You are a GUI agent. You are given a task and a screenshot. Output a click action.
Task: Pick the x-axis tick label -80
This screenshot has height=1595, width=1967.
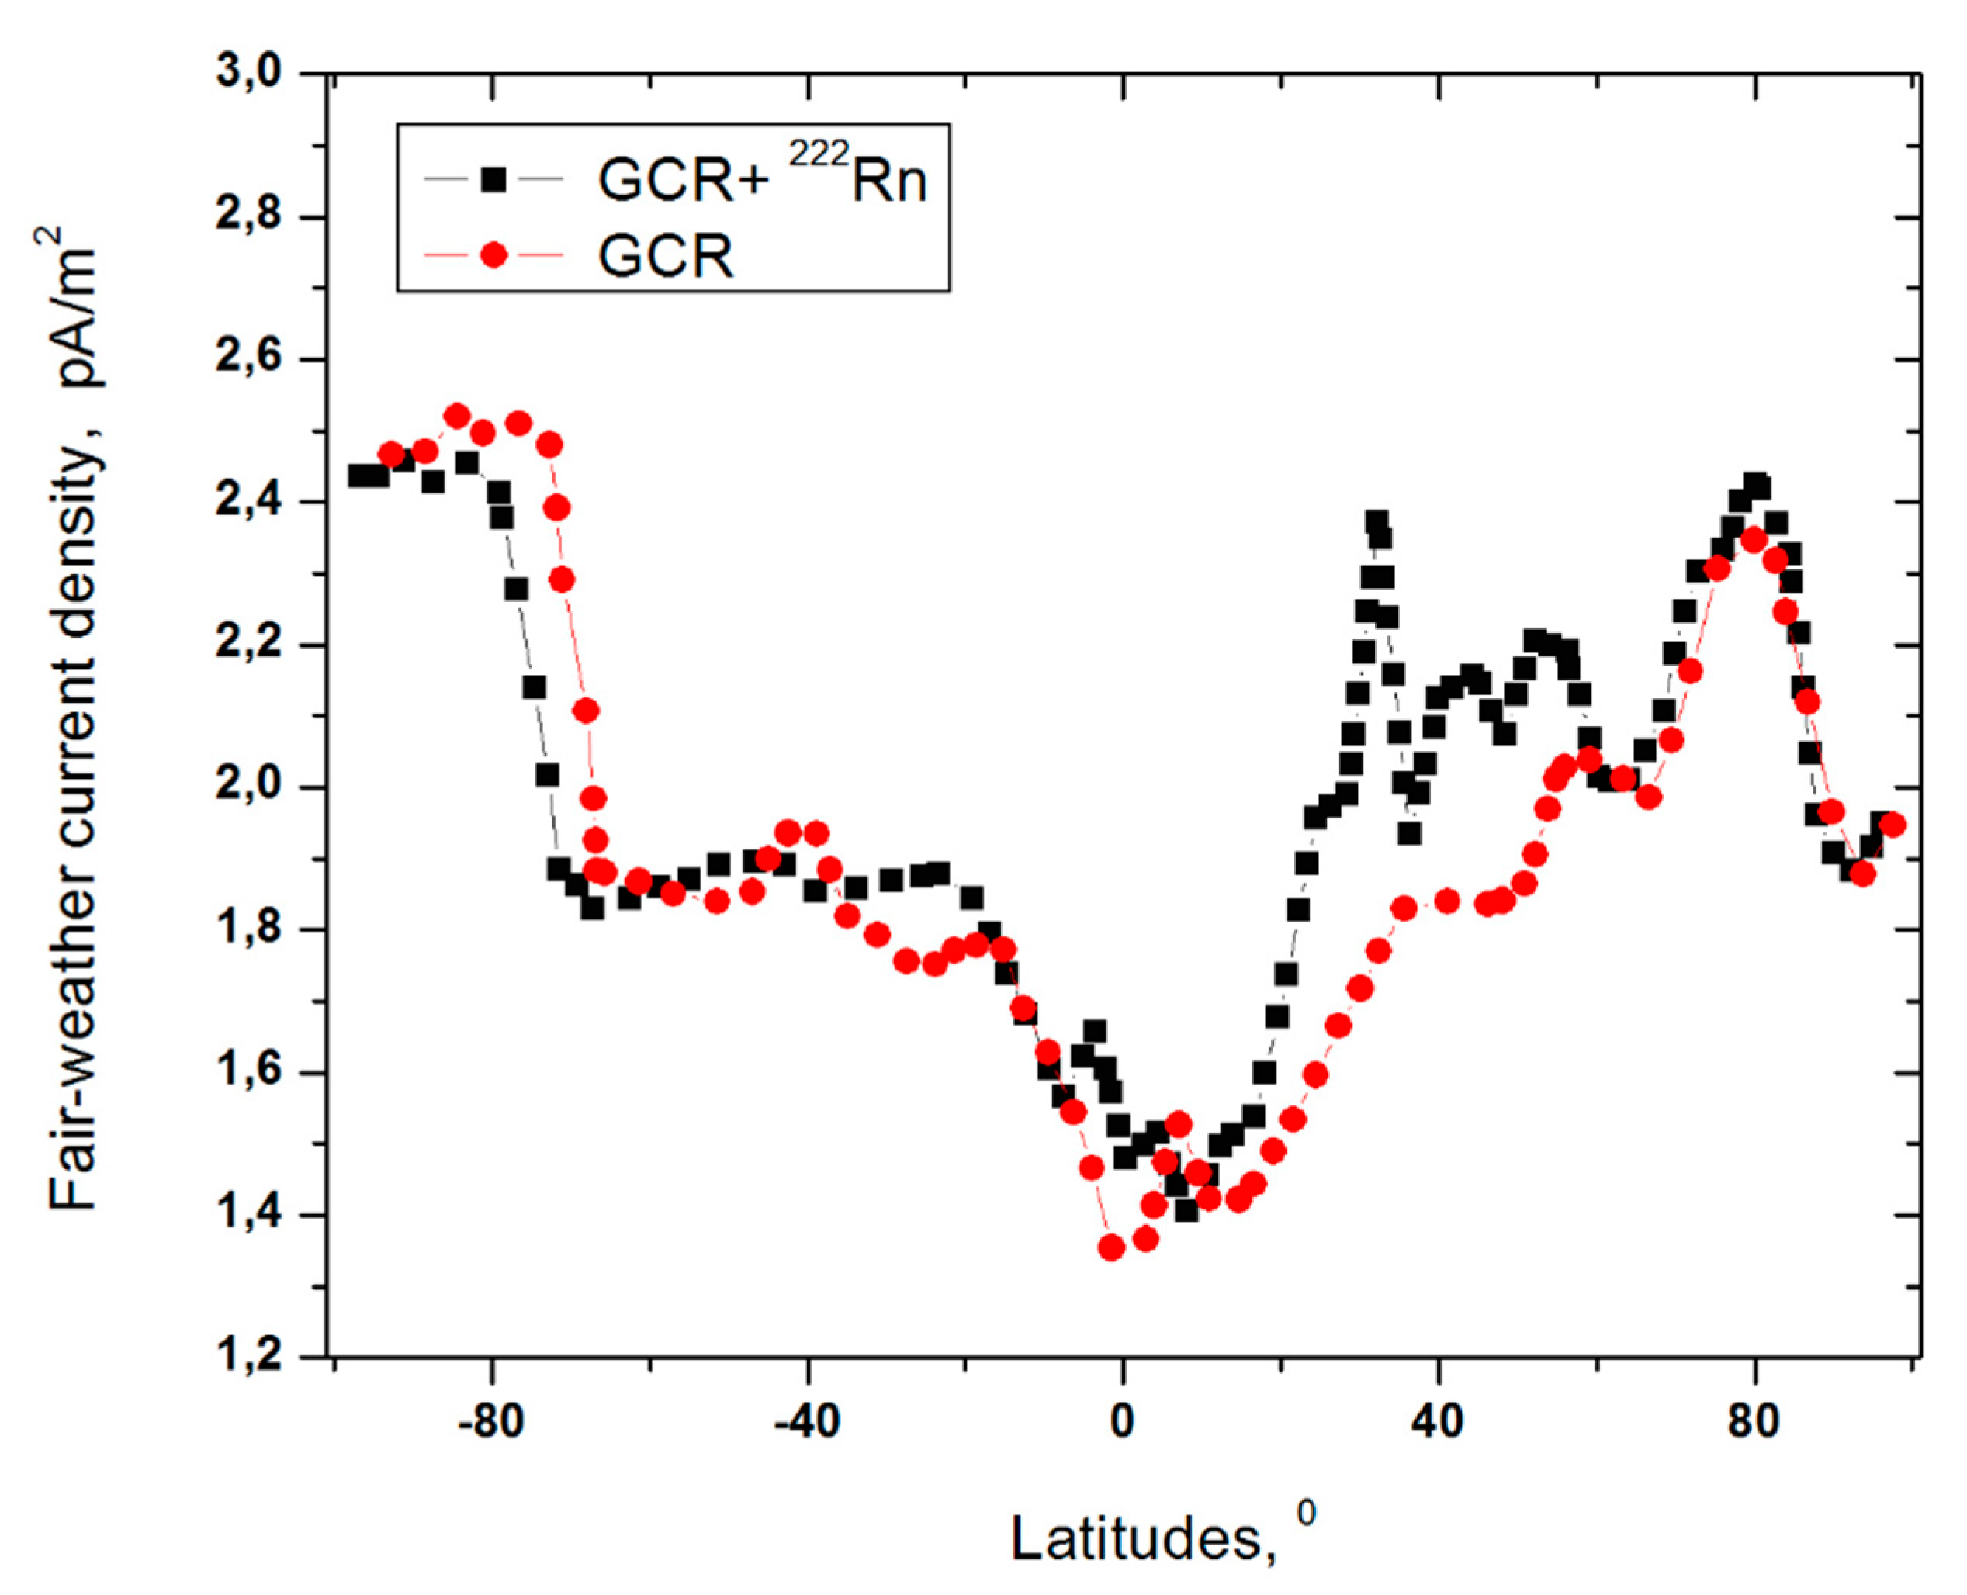[491, 1421]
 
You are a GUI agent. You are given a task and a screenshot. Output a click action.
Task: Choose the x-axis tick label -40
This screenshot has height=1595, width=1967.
[808, 1421]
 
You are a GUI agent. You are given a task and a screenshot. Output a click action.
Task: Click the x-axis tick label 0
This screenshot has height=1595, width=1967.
[1122, 1421]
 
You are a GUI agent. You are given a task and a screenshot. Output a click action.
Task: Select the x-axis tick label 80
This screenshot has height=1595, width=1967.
[1753, 1421]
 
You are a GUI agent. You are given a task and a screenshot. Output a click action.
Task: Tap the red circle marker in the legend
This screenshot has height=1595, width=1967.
[494, 254]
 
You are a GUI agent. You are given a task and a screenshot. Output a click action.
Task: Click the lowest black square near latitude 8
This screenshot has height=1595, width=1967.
[1186, 1211]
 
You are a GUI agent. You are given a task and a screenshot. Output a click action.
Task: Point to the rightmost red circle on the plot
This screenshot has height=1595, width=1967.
[1893, 824]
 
